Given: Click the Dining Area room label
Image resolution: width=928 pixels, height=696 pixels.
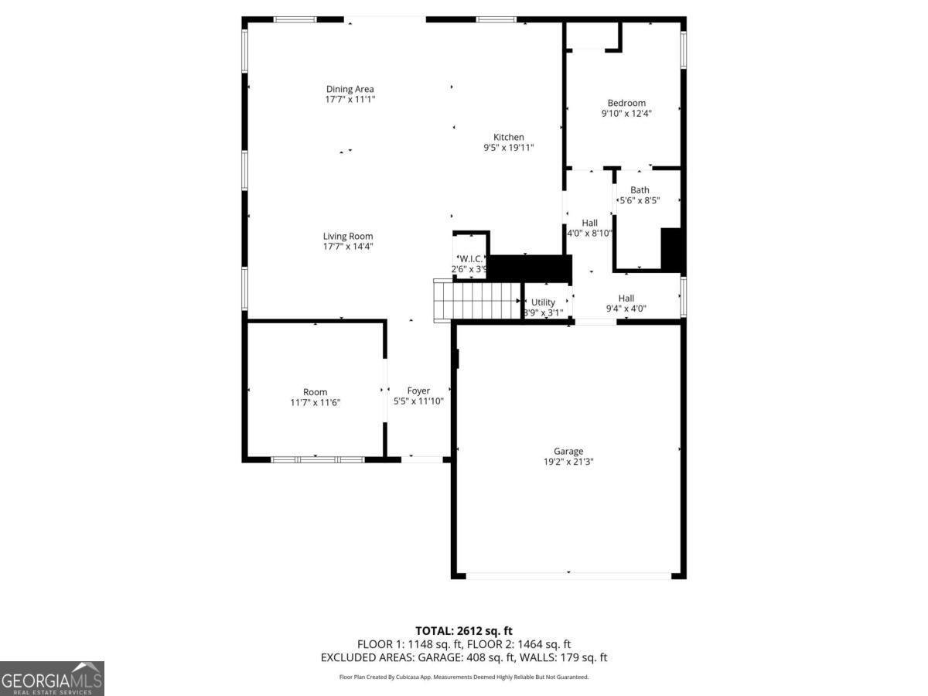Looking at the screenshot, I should pos(350,89).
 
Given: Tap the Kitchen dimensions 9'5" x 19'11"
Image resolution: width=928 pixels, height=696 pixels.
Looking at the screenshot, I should pos(508,148).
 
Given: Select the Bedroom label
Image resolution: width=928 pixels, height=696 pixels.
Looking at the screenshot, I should pos(626,103).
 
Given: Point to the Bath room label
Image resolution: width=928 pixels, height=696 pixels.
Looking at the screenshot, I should pos(640,190).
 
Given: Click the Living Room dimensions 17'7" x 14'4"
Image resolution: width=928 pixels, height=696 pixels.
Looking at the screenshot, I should pos(348,247).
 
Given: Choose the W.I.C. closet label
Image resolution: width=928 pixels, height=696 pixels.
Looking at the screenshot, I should pos(470,259).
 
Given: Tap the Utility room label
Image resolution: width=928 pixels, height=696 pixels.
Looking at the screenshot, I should pos(543,302).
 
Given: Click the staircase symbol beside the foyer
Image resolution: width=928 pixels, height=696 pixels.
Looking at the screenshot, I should pos(476,300).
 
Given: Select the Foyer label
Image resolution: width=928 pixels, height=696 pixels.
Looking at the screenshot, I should pos(418,391).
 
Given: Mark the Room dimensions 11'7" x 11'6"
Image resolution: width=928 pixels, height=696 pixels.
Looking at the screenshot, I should pos(315,402).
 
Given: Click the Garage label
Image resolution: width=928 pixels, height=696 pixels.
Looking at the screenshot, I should pos(568,452).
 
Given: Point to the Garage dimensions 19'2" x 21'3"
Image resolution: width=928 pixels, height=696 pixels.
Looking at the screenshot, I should pos(568,462).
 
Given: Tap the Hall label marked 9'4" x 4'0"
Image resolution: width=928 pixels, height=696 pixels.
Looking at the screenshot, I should pos(626,299).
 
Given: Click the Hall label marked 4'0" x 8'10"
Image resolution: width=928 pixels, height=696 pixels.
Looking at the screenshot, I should pos(589,223).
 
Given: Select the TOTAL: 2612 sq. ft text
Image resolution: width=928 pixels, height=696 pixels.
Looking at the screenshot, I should pos(464,631).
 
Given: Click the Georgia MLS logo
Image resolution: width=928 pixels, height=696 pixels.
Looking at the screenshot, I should pos(52,678).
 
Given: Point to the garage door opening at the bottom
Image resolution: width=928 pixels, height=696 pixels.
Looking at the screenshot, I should pos(568,575).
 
